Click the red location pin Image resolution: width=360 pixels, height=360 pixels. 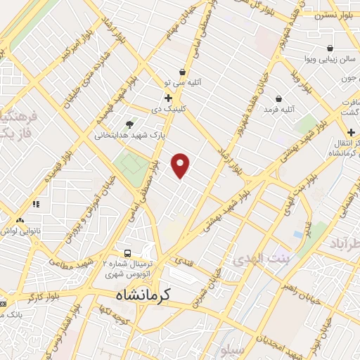(x=181, y=166)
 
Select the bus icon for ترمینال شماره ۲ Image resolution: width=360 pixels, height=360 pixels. (x=127, y=253)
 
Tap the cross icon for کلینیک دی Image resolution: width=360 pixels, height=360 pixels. (x=168, y=98)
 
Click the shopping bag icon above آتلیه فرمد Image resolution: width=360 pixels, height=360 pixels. (x=279, y=99)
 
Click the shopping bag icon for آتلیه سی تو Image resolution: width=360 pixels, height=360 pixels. (x=183, y=72)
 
